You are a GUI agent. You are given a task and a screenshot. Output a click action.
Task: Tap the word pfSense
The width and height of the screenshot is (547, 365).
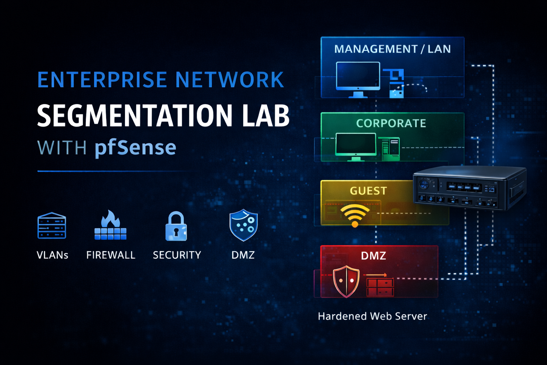click(135, 148)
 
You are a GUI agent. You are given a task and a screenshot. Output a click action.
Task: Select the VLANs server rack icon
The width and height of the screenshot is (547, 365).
click(52, 226)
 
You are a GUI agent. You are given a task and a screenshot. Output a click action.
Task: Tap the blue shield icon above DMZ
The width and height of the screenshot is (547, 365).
click(243, 225)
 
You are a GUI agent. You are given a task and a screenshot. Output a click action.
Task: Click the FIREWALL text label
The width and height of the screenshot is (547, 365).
click(111, 255)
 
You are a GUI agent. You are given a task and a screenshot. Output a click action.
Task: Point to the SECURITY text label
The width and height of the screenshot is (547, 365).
click(177, 255)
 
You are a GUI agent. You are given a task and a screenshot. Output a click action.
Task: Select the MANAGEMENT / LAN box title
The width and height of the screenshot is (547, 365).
click(392, 49)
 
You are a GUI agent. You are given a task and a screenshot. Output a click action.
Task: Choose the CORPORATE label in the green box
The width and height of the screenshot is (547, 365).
click(391, 123)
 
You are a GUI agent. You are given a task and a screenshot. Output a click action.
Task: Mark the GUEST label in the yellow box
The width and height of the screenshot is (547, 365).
click(368, 191)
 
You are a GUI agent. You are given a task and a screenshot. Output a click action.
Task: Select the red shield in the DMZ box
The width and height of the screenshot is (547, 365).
click(346, 281)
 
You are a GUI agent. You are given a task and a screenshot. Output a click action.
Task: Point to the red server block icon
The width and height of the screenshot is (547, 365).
click(380, 287)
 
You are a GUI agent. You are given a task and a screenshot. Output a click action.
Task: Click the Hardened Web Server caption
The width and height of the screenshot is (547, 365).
click(373, 316)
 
